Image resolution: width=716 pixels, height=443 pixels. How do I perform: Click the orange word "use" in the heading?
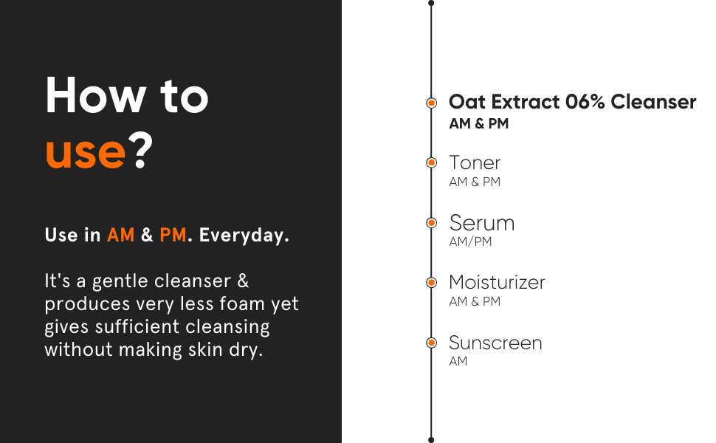[86, 153]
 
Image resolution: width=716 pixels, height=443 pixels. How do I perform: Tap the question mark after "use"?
[140, 151]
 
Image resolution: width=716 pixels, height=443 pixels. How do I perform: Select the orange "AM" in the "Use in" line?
[120, 236]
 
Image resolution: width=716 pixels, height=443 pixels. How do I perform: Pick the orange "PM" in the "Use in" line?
[173, 236]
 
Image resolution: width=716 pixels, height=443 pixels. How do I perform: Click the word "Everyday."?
[244, 236]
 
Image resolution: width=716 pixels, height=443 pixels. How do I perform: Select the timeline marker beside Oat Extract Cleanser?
[431, 103]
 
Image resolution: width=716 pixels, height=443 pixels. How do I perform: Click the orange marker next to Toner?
[431, 162]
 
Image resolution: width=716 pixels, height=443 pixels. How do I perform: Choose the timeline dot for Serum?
[431, 222]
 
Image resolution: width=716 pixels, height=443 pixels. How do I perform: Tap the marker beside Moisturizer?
[431, 283]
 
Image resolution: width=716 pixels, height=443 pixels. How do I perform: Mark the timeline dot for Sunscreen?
[431, 343]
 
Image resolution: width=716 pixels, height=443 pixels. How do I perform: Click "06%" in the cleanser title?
[585, 102]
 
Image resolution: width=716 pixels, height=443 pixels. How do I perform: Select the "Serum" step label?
[482, 223]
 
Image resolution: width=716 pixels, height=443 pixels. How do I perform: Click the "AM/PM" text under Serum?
[470, 241]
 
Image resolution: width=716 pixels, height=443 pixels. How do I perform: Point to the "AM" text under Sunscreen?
[458, 361]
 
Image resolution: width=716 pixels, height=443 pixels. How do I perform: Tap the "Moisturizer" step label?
[497, 282]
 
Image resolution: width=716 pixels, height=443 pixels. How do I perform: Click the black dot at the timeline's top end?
[431, 3]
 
